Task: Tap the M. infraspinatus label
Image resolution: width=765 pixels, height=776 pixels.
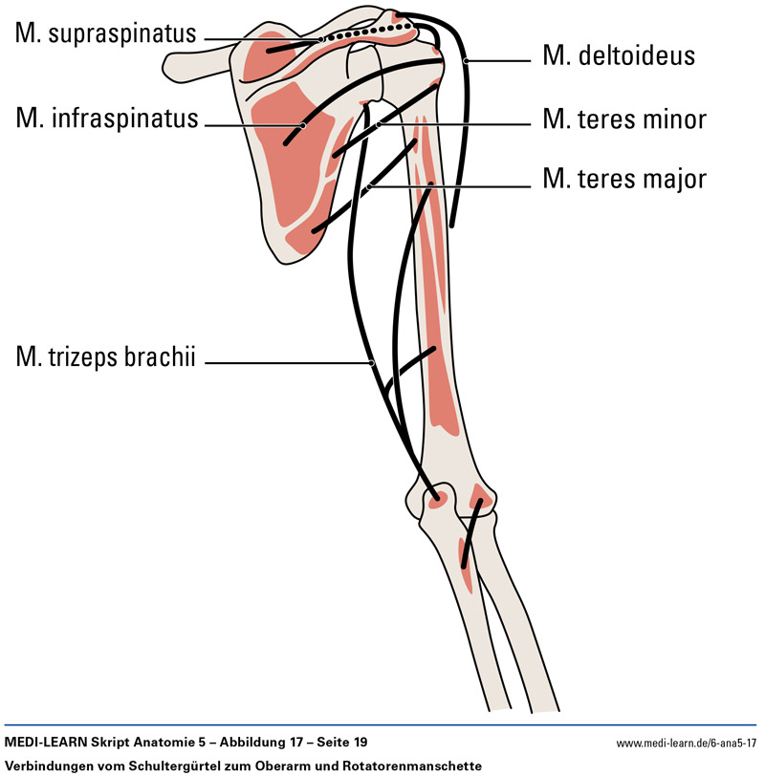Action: pos(107,119)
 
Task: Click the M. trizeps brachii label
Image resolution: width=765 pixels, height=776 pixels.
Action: pos(105,359)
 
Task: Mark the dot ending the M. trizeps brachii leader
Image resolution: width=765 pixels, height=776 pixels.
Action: pos(371,362)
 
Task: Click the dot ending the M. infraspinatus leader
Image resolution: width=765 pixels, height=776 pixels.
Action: pos(302,124)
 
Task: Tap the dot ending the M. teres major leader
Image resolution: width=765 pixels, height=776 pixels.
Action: pos(369,186)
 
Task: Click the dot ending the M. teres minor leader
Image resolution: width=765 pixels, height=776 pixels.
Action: pos(379,123)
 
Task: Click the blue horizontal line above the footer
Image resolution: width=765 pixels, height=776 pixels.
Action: pos(382,724)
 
